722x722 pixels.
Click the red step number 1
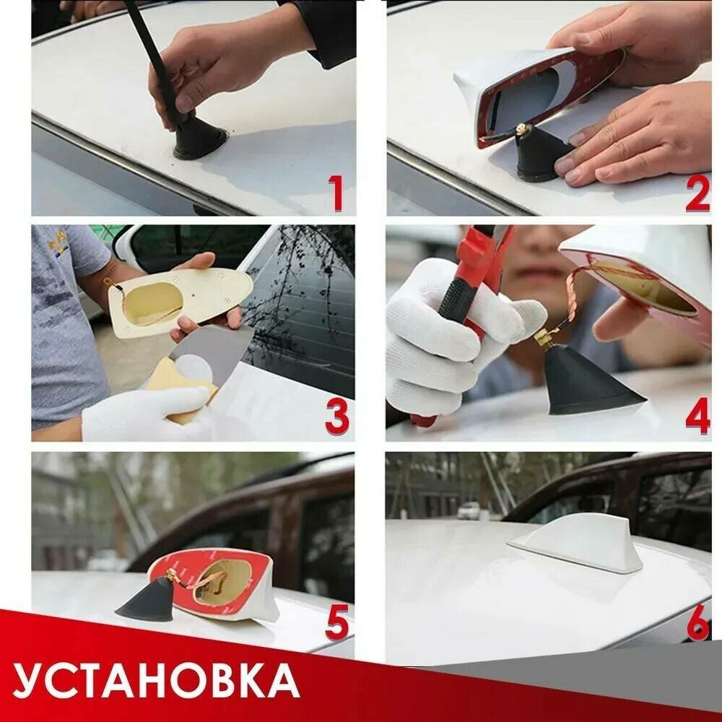[x=336, y=193]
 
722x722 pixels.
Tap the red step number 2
[x=697, y=193]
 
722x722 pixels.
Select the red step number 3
[x=337, y=417]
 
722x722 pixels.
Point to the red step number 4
[x=697, y=416]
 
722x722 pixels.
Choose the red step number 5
[x=337, y=622]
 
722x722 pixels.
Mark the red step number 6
[x=698, y=622]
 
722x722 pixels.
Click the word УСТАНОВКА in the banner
[x=156, y=680]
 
